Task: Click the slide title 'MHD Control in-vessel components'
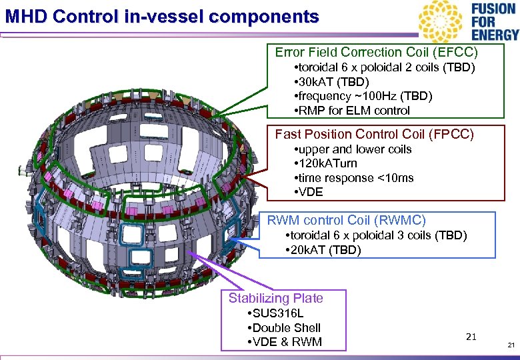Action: pyautogui.click(x=162, y=16)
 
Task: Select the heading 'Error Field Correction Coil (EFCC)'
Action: pyautogui.click(x=377, y=52)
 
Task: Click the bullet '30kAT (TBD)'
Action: pyautogui.click(x=331, y=82)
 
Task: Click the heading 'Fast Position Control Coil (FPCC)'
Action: pyautogui.click(x=374, y=135)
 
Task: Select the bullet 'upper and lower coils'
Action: pyautogui.click(x=353, y=149)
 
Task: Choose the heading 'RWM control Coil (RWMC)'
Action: pyautogui.click(x=346, y=220)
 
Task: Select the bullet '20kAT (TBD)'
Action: pyautogui.click(x=322, y=250)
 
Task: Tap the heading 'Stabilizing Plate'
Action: pyautogui.click(x=275, y=298)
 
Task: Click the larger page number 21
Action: pyautogui.click(x=471, y=337)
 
